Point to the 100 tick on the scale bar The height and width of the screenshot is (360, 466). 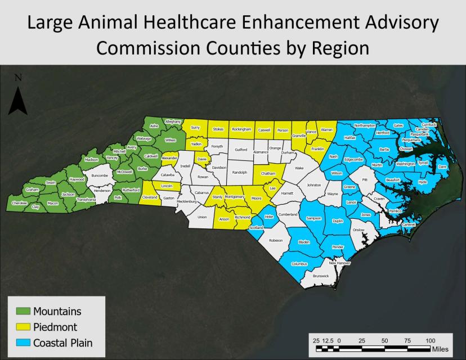pyautogui.click(x=430, y=340)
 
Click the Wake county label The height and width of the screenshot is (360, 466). pyautogui.click(x=299, y=168)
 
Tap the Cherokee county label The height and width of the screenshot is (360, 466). pyautogui.click(x=20, y=203)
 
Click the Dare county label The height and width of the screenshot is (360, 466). pyautogui.click(x=442, y=167)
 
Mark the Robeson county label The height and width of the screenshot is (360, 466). pyautogui.click(x=276, y=240)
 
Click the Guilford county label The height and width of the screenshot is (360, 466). pyautogui.click(x=241, y=150)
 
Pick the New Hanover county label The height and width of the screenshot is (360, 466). pyautogui.click(x=339, y=263)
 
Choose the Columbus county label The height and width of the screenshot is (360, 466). pyautogui.click(x=299, y=263)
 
